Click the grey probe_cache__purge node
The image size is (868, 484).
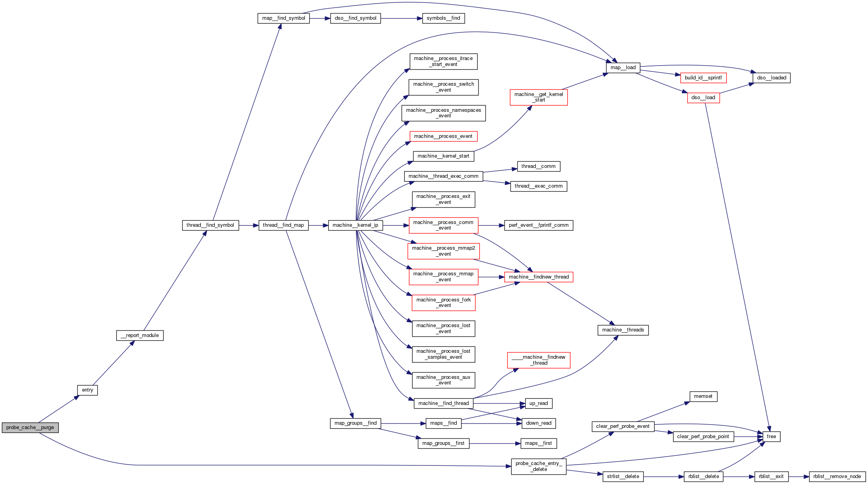click(30, 428)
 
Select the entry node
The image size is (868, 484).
click(87, 390)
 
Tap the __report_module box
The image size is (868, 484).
click(140, 335)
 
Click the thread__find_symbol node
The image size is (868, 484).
click(210, 225)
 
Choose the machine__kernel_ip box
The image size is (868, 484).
click(355, 225)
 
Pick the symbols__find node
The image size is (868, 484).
click(443, 18)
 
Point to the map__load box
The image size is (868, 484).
click(623, 68)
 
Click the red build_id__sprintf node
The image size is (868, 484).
click(703, 78)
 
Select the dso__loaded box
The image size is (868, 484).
click(772, 78)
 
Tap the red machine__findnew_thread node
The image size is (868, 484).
click(539, 277)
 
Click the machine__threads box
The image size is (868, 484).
click(623, 330)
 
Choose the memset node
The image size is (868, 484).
click(703, 396)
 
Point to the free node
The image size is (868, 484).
click(771, 437)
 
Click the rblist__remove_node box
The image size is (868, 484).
click(837, 476)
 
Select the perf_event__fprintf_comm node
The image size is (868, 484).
click(539, 225)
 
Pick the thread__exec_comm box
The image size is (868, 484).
click(539, 186)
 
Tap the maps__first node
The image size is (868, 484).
click(539, 443)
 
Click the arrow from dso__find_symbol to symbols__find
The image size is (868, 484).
click(401, 18)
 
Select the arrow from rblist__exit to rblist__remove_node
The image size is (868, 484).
click(799, 476)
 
